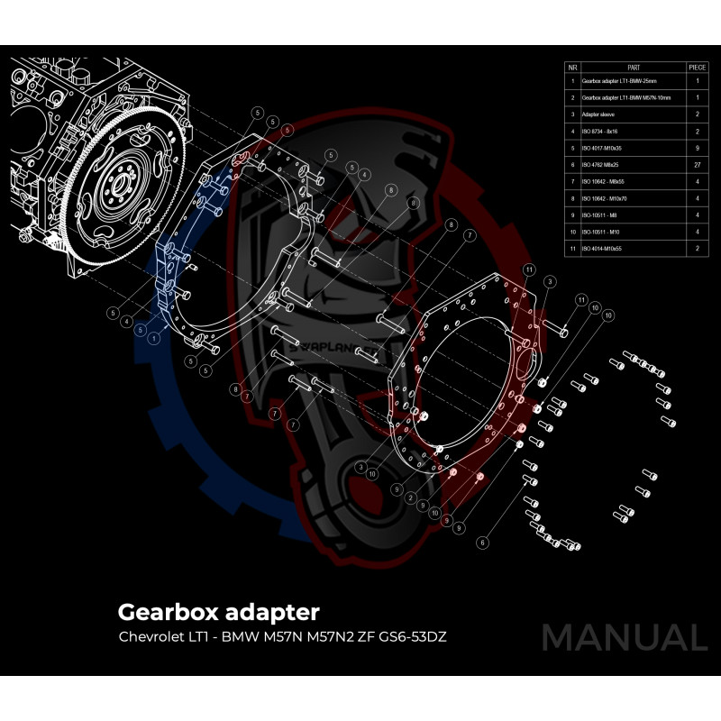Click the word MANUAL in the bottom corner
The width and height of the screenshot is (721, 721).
[624, 637]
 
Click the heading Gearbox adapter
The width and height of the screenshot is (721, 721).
[218, 613]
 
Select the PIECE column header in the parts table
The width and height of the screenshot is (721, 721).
[697, 68]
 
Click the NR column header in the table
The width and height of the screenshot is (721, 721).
[572, 68]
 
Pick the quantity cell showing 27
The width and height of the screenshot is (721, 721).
[697, 164]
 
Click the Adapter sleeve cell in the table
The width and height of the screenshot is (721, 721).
[600, 114]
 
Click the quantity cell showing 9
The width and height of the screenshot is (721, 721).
[697, 147]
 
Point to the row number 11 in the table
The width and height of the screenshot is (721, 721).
[572, 247]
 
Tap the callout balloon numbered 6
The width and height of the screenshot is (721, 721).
[482, 543]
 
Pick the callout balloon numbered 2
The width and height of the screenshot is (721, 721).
[410, 497]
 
